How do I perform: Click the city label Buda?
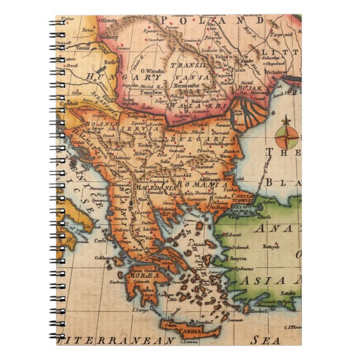pyautogui.click(x=110, y=61)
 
